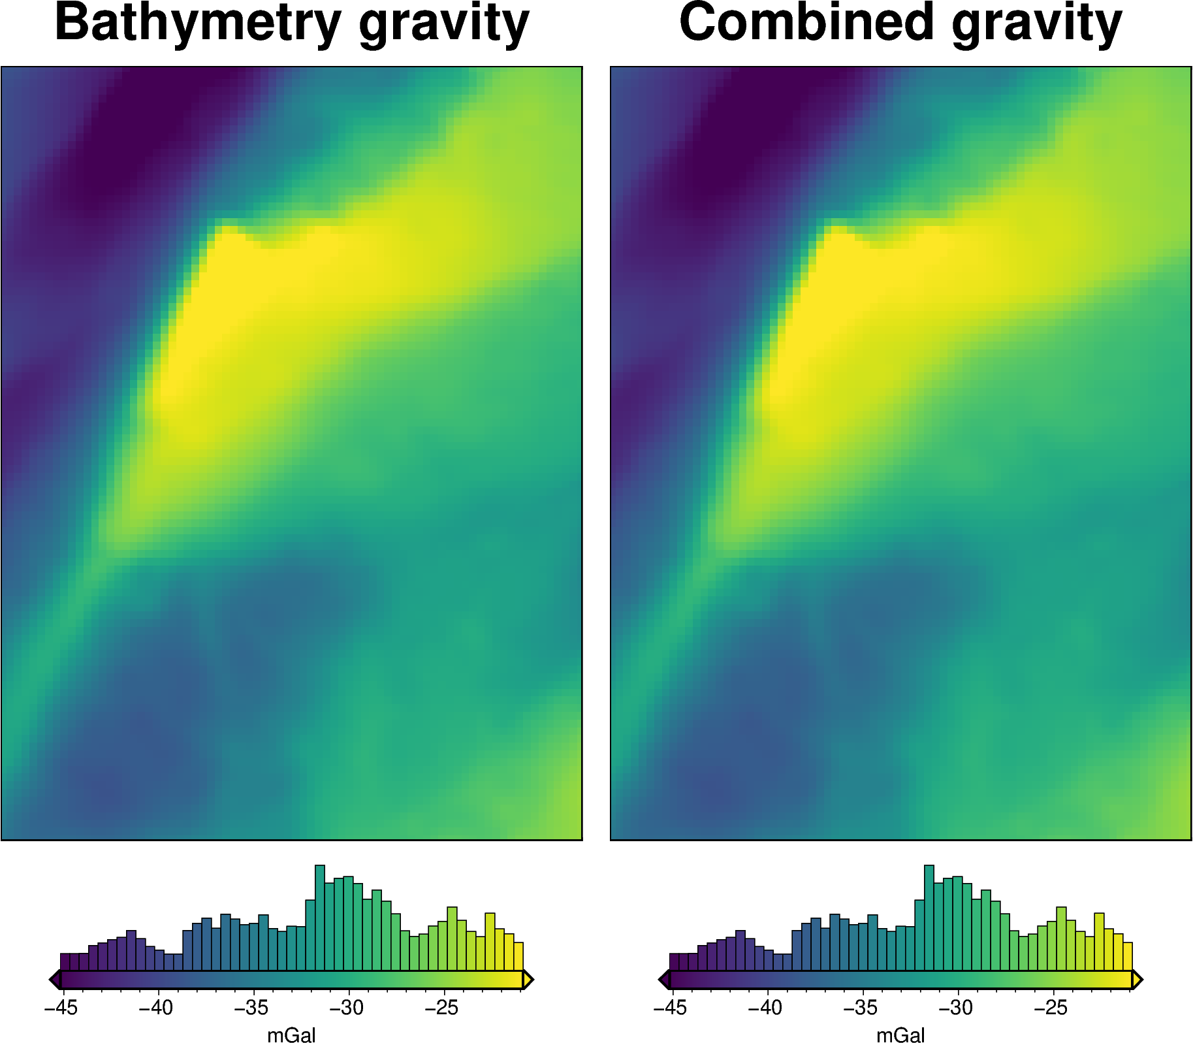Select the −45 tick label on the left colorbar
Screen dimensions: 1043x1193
[61, 1008]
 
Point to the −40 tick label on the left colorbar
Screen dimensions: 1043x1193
[156, 1008]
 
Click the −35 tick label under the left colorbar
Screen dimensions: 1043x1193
[251, 1008]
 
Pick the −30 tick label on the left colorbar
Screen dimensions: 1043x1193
[347, 1008]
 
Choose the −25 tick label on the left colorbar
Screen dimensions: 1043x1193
[442, 1008]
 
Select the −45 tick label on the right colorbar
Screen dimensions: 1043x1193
[670, 1008]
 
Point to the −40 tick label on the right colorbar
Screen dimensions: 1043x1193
[765, 1008]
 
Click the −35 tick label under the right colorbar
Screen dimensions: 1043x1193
[861, 1008]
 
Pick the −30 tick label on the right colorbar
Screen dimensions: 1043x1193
[956, 1008]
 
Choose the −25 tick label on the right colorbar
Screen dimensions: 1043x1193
[1051, 1008]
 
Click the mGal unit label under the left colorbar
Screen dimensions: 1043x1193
[291, 1035]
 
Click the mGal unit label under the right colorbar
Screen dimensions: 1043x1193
[900, 1035]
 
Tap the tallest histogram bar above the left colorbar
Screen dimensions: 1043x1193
[320, 918]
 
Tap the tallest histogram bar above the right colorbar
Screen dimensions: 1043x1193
[929, 918]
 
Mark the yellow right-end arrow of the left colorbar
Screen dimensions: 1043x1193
[528, 980]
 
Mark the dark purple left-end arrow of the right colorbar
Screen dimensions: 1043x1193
[664, 980]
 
